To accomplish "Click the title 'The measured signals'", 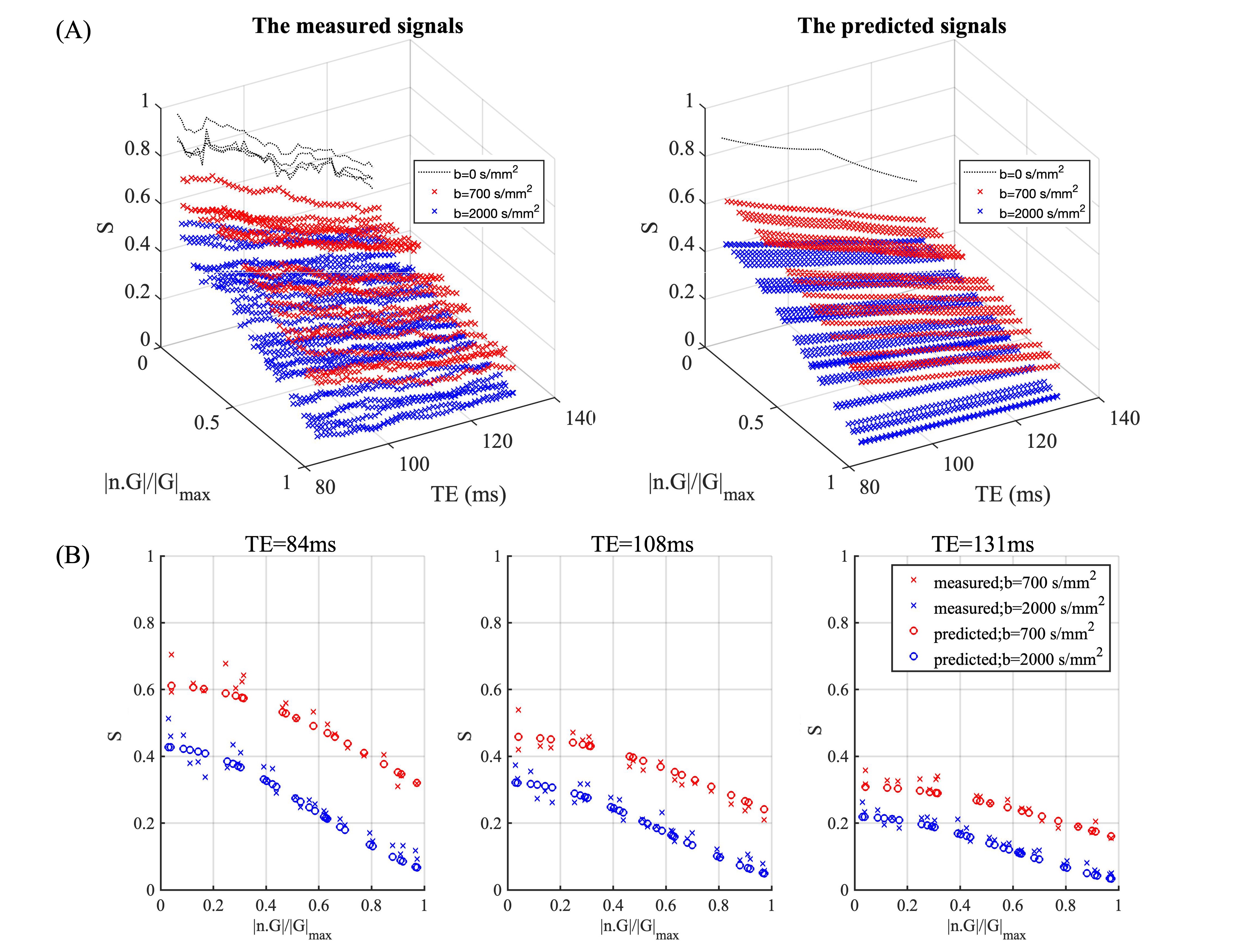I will (358, 26).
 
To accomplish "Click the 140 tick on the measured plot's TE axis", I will (580, 418).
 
